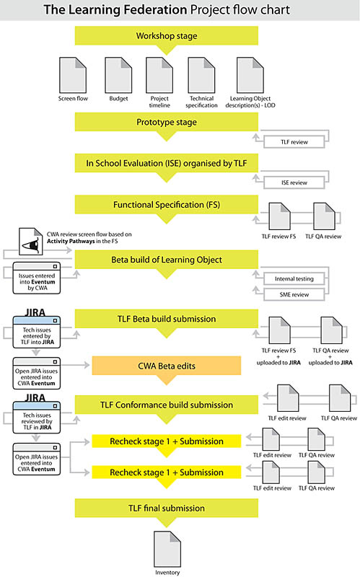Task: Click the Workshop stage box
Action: coord(167,36)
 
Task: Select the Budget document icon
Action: coord(118,75)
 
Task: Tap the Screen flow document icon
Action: coord(73,75)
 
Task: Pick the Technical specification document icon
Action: coord(201,75)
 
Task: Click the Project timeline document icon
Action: coord(159,75)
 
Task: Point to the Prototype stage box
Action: coord(167,122)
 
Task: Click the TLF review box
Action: coord(294,142)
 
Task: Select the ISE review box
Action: coord(294,182)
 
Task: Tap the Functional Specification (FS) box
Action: coord(167,205)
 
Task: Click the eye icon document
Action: coord(30,242)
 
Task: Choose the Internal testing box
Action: coord(294,278)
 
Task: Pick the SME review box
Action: coord(294,294)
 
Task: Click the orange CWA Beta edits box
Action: coord(167,366)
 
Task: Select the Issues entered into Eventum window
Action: coord(37,278)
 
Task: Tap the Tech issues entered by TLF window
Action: coord(37,332)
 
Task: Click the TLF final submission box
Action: coord(167,508)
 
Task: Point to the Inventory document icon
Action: coord(167,549)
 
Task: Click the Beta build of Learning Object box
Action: coord(167,260)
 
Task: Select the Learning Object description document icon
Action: coord(250,75)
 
